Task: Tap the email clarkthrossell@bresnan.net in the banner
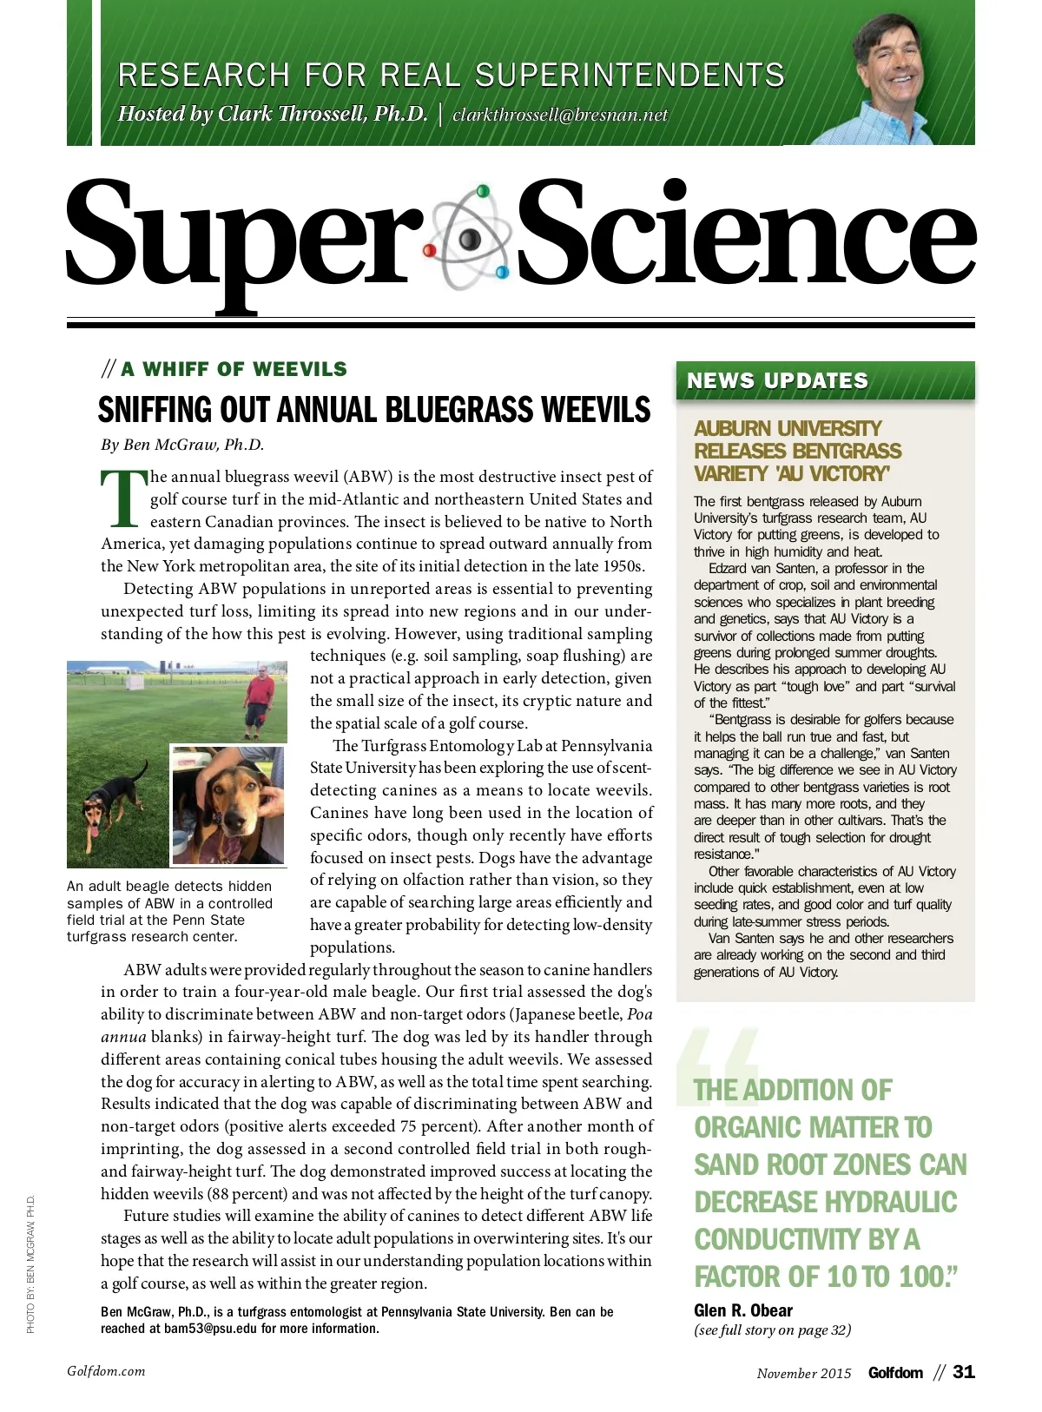pos(560,115)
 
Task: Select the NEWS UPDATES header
pos(777,380)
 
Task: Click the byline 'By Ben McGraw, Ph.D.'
pos(182,445)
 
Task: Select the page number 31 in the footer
pos(964,1372)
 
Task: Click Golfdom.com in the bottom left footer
pos(106,1371)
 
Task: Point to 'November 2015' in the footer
pos(804,1373)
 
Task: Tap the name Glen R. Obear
pos(743,1310)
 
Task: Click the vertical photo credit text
pos(30,1264)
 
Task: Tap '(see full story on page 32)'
pos(772,1330)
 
